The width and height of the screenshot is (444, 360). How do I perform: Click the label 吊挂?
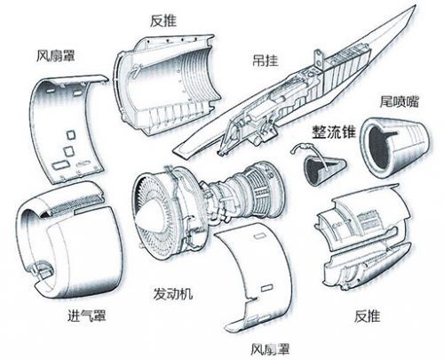click(266, 60)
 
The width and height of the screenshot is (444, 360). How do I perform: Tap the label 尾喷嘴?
click(400, 101)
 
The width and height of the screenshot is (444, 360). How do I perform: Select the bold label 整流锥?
click(333, 132)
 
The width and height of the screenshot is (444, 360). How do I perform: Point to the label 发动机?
click(173, 293)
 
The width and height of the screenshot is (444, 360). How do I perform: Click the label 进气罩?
click(87, 316)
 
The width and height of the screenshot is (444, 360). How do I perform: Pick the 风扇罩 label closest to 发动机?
click(270, 349)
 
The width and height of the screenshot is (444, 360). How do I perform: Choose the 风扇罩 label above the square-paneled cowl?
click(56, 56)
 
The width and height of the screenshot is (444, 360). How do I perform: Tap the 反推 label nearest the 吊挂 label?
click(163, 20)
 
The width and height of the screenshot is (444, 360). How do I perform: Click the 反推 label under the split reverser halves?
click(367, 316)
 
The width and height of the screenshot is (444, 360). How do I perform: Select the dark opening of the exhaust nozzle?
click(380, 148)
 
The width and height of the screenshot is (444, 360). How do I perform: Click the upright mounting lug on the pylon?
click(319, 60)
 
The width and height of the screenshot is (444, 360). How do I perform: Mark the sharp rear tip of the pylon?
click(415, 6)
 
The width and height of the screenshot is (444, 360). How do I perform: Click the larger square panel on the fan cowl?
click(69, 151)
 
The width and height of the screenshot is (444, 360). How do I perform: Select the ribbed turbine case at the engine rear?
click(262, 188)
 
